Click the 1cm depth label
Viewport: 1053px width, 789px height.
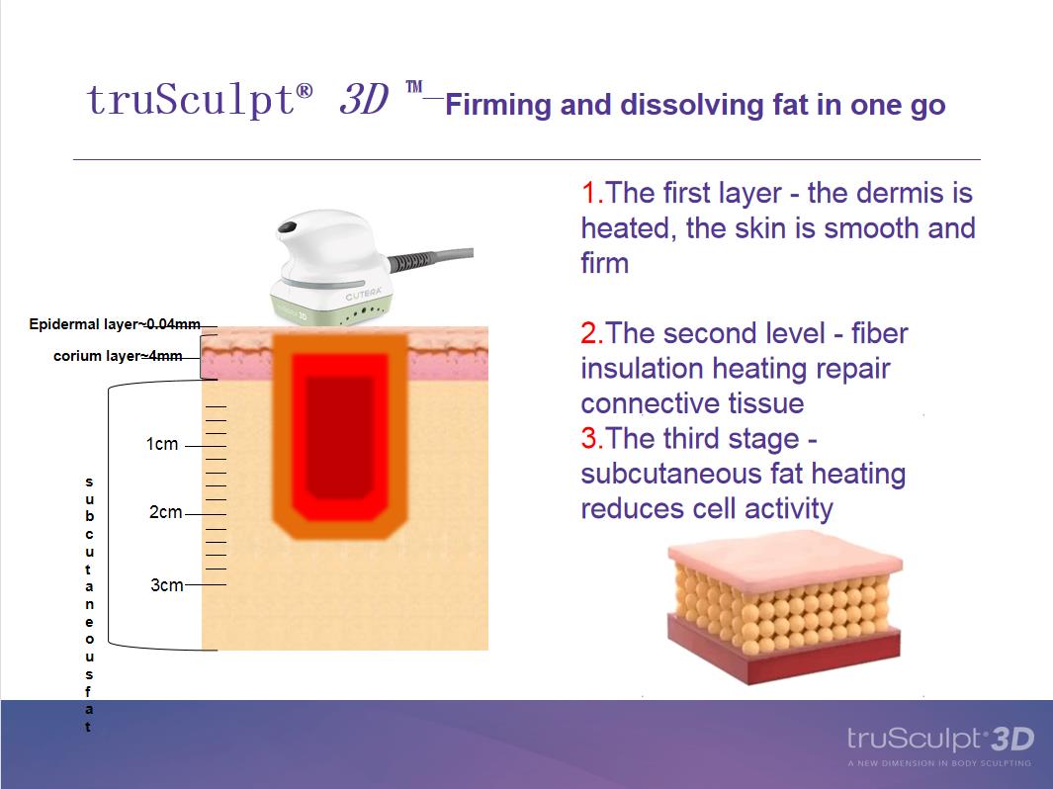(162, 444)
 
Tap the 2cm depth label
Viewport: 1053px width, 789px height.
(165, 512)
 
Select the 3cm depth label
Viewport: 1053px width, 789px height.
(166, 585)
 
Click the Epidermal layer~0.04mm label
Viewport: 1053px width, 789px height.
(114, 324)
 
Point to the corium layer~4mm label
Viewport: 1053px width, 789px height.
(118, 356)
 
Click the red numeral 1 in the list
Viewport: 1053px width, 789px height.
(589, 193)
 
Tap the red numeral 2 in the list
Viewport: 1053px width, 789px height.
(589, 333)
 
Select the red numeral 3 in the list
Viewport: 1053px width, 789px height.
(589, 438)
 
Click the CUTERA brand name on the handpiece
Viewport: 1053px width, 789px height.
(363, 294)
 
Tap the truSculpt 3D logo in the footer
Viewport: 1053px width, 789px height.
(939, 739)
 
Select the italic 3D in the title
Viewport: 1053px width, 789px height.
(363, 100)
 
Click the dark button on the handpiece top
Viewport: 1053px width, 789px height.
(288, 227)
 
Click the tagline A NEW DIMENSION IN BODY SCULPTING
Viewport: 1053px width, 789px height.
(939, 763)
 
